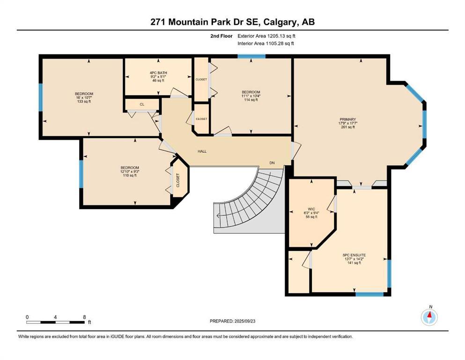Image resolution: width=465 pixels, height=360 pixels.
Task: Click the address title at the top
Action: [232, 22]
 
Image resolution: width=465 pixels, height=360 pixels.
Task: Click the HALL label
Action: [202, 151]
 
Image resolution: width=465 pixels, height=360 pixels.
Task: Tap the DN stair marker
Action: [272, 163]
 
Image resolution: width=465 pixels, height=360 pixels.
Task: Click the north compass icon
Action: [429, 317]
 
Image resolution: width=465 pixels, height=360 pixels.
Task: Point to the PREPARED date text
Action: [232, 321]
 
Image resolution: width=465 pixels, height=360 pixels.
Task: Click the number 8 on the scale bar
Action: [84, 317]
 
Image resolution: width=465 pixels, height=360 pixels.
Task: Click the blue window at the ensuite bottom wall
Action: [369, 294]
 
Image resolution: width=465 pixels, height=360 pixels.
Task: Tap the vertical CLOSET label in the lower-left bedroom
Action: [178, 180]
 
